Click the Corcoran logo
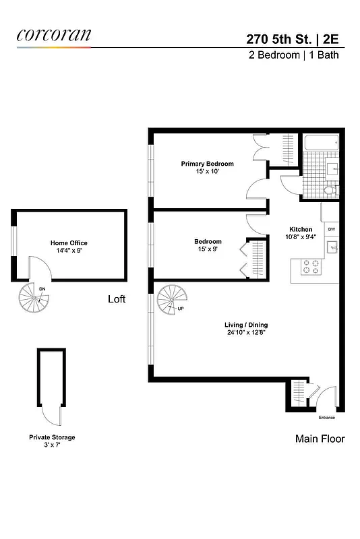(x=53, y=35)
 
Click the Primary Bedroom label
(x=207, y=164)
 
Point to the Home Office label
(x=69, y=243)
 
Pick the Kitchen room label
(x=301, y=229)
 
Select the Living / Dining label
(x=246, y=325)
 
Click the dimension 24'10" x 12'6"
(x=246, y=333)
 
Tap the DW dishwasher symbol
(x=331, y=230)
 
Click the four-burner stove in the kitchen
(x=310, y=267)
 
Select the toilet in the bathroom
(x=330, y=191)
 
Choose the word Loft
(x=117, y=298)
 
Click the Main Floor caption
(x=320, y=439)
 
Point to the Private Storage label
(x=52, y=437)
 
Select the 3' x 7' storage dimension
(x=52, y=445)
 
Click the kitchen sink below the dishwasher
(x=330, y=249)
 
